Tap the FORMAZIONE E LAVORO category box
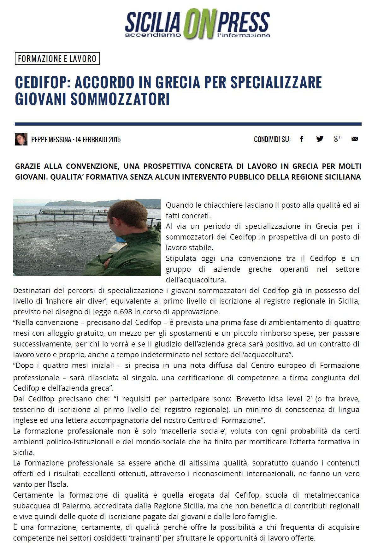click(x=57, y=59)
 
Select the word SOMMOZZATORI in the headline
click(x=120, y=99)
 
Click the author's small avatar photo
click(x=21, y=139)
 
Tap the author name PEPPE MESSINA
click(x=51, y=140)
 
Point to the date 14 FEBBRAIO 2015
click(x=98, y=140)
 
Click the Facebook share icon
click(x=302, y=139)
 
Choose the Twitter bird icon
click(x=320, y=139)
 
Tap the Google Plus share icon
click(x=337, y=139)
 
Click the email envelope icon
click(x=355, y=139)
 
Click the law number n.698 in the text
click(x=122, y=312)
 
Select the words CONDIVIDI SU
click(x=272, y=139)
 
